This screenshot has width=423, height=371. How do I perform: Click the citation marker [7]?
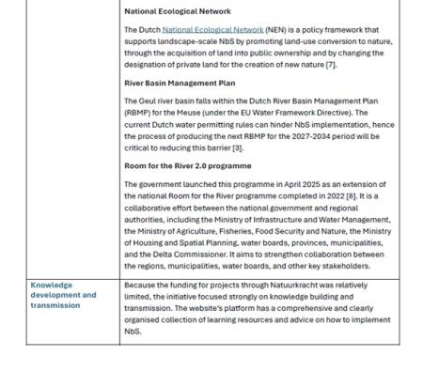(x=331, y=64)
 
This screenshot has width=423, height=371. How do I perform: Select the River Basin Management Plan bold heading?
(x=180, y=83)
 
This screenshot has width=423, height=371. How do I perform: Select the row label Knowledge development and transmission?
(x=64, y=294)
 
